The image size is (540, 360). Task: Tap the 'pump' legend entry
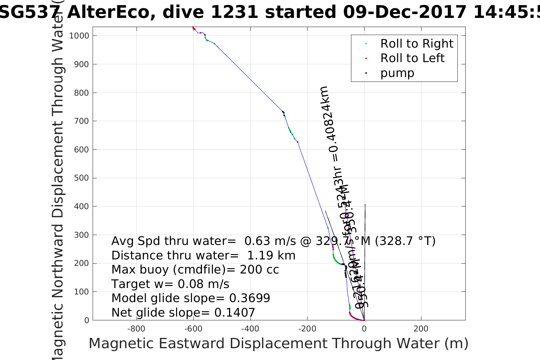click(397, 73)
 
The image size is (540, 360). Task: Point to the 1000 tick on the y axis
click(79, 36)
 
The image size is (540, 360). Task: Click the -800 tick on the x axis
click(136, 329)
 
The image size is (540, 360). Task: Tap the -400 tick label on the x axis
click(250, 329)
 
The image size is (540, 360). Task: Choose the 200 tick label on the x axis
click(421, 329)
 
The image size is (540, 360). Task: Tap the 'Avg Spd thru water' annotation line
click(273, 241)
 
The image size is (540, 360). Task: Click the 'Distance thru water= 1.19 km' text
click(203, 256)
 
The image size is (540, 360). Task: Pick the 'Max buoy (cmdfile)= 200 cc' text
click(195, 270)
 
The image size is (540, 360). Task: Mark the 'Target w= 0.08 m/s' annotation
click(170, 284)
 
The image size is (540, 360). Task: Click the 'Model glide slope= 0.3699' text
click(191, 298)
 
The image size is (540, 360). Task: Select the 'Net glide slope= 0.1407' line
click(183, 313)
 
